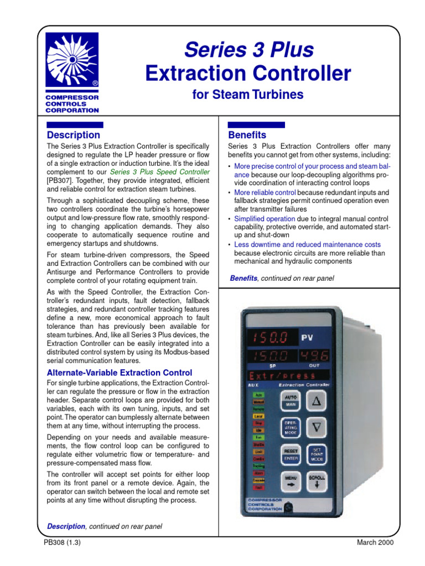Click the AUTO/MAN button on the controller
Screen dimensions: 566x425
(291, 401)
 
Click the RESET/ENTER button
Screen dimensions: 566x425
(291, 454)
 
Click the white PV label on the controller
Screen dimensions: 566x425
(308, 337)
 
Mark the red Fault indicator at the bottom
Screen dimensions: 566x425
(259, 488)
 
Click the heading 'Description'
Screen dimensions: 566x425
(74, 135)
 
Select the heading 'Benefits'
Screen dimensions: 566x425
(247, 135)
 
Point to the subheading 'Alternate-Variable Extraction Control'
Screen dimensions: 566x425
(120, 373)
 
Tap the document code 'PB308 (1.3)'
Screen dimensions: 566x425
(63, 542)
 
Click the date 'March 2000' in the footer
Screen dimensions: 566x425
(375, 542)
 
